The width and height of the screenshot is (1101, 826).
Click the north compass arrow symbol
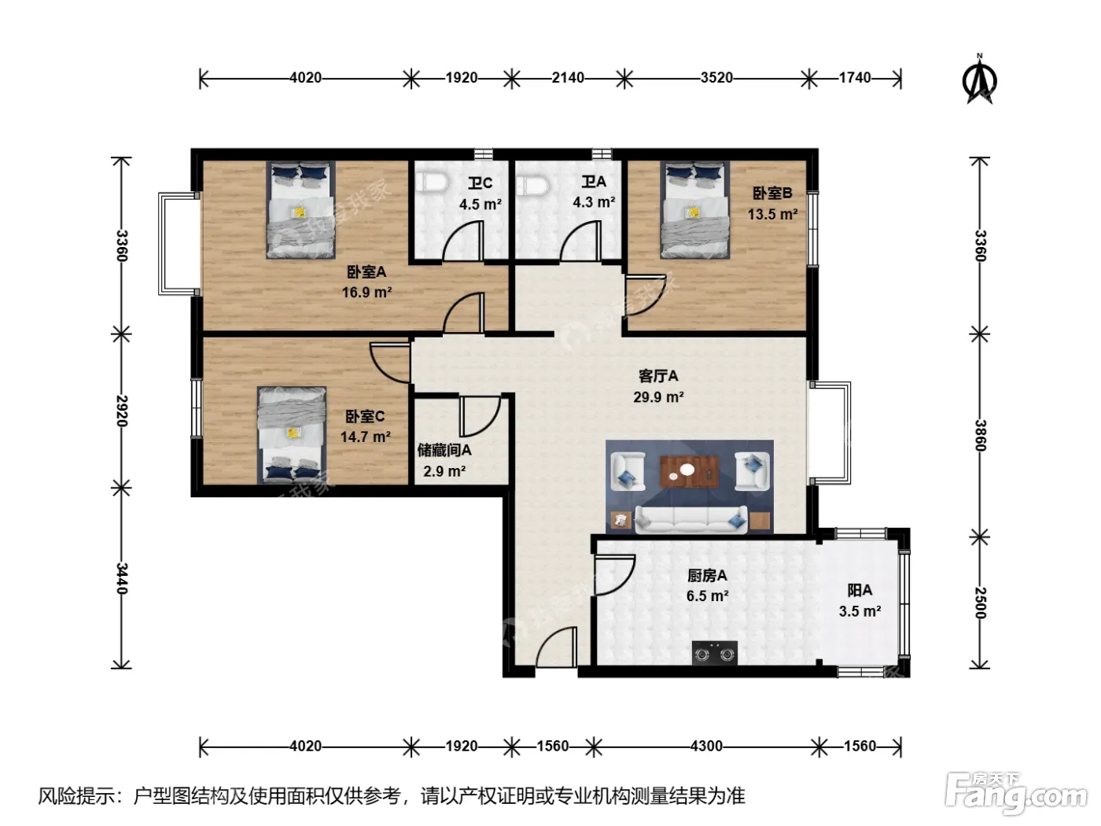pos(978,80)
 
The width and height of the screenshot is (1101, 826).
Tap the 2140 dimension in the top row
pos(568,78)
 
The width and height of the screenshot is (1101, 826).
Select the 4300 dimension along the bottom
pos(706,747)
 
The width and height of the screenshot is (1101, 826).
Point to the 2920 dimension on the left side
pos(121,411)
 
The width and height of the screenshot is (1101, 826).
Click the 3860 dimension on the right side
pos(980,435)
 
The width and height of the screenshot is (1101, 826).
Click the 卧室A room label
pos(366,272)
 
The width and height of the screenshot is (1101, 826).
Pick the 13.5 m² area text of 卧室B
pos(772,214)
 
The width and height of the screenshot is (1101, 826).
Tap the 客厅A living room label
pos(658,376)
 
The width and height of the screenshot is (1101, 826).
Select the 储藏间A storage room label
pos(444,450)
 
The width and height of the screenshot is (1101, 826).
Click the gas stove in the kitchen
pos(714,653)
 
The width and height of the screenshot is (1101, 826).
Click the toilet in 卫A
pos(532,185)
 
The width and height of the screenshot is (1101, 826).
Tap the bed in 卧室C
pos(292,435)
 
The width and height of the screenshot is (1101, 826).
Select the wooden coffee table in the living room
pos(689,471)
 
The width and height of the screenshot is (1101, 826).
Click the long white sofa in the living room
pos(691,519)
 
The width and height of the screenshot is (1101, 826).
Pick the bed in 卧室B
pos(694,210)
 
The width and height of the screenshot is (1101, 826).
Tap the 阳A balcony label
pos(860,590)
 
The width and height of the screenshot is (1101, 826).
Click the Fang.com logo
pos(1015,792)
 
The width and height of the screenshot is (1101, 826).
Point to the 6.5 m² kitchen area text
pos(707,596)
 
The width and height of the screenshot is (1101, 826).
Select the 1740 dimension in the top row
pos(855,78)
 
